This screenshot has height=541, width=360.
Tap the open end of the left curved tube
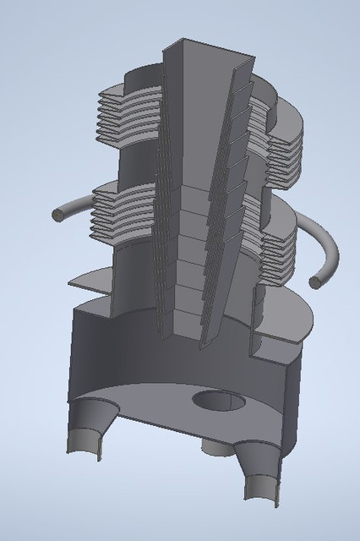pos(57,216)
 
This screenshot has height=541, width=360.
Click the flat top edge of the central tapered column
pos(210,47)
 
